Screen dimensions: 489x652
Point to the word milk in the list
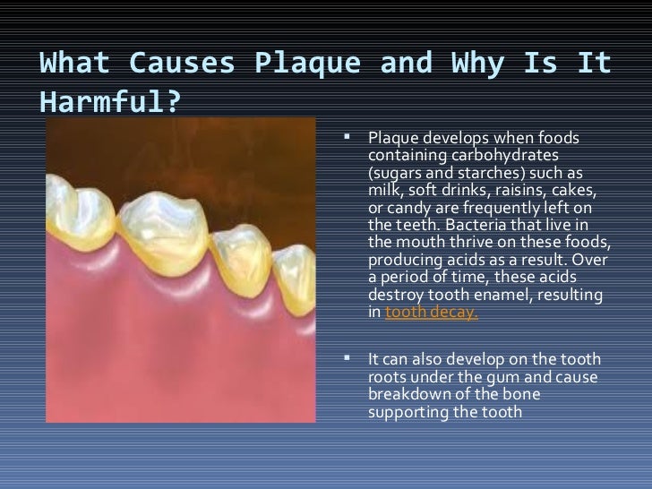tap(382, 189)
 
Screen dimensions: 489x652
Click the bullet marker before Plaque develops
tap(350, 138)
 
